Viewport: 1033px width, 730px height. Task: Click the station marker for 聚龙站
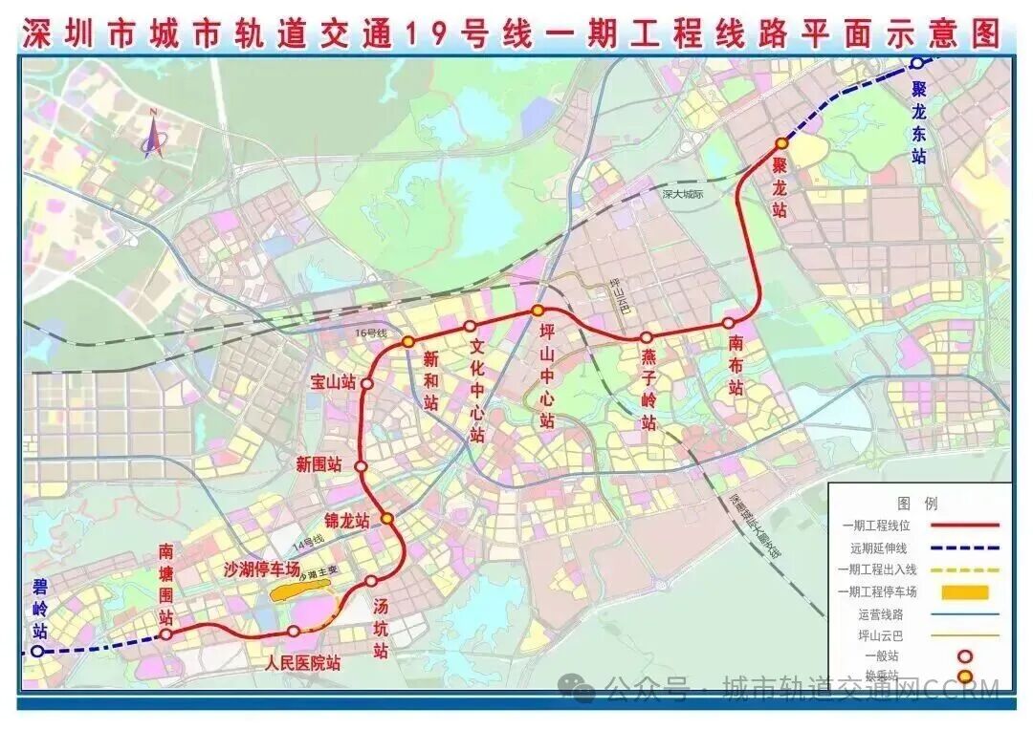coord(780,143)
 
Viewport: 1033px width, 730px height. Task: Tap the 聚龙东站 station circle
coord(916,63)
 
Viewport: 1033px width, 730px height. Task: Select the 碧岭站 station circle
coord(36,651)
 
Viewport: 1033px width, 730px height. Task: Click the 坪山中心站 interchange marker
coord(538,311)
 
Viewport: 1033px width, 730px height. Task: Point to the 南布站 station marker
coord(729,323)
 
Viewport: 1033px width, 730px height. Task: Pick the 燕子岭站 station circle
coord(646,337)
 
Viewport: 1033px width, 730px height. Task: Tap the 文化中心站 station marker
coord(470,326)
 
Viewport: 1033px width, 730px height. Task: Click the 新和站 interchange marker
coord(407,341)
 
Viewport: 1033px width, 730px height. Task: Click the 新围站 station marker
coord(362,465)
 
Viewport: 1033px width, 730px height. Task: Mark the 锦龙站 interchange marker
coord(387,518)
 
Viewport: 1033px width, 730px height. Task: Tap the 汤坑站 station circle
coord(371,581)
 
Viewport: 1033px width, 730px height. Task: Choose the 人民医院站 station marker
coord(294,631)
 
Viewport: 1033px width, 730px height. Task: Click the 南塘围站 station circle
coord(166,633)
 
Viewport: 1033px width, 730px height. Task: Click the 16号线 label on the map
coord(368,333)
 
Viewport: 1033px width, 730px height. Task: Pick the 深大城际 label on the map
coord(682,194)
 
